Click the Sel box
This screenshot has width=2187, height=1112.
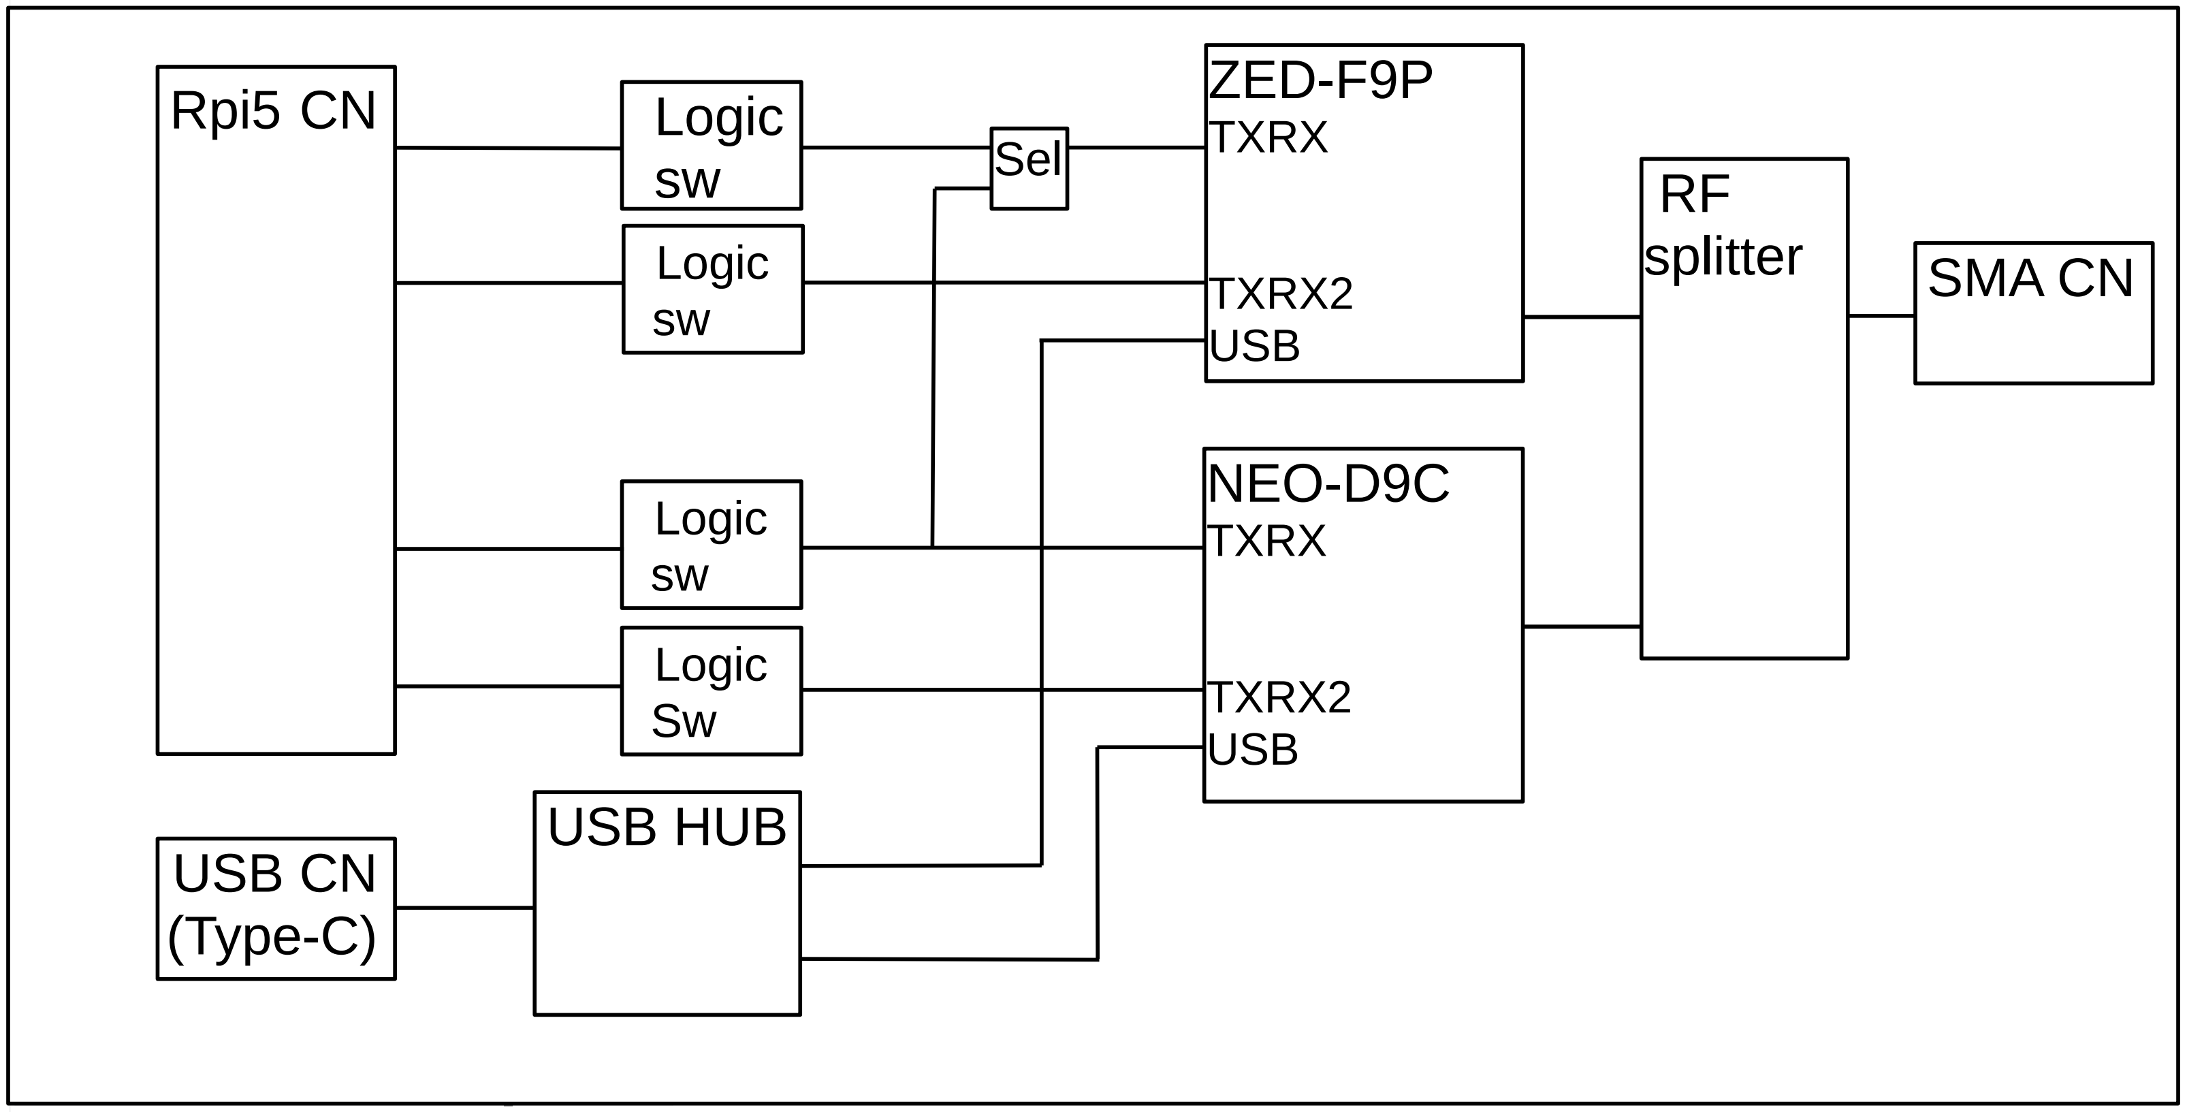(x=1028, y=168)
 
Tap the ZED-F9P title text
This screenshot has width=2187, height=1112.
(x=1320, y=80)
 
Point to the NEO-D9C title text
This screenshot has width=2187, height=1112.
(x=1328, y=484)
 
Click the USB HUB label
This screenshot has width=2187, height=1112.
(x=667, y=827)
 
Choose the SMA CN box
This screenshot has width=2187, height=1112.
(x=2033, y=313)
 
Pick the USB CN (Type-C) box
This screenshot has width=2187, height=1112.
(x=276, y=908)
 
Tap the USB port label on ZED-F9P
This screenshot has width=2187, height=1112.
(x=1254, y=347)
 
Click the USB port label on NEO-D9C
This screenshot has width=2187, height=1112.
(x=1252, y=750)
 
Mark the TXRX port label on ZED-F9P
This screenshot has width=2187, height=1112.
(x=1268, y=138)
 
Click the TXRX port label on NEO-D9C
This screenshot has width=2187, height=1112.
(x=1266, y=541)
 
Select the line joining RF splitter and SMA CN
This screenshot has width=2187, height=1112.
(x=1881, y=316)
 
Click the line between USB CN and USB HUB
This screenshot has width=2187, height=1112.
(x=464, y=908)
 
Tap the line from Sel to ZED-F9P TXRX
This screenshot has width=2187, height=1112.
(x=1136, y=148)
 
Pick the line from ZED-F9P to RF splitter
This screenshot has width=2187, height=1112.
(x=1581, y=317)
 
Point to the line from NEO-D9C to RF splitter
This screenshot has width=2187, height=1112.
(x=1581, y=626)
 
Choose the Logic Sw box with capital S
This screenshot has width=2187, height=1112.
(x=712, y=691)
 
